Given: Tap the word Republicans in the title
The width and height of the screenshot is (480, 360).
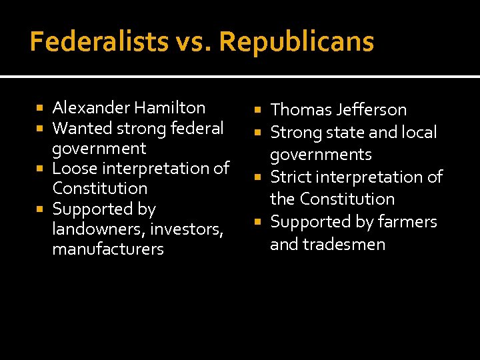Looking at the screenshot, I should pyautogui.click(x=296, y=42).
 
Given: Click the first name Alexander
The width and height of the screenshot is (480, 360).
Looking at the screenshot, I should pyautogui.click(x=91, y=107).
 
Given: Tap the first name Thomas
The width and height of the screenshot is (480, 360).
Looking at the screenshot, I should pyautogui.click(x=297, y=110).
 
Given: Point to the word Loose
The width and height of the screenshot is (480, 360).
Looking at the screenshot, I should pyautogui.click(x=75, y=168).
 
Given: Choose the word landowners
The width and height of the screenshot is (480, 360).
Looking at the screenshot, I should pyautogui.click(x=99, y=229).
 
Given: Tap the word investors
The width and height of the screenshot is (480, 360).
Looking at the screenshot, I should pyautogui.click(x=186, y=229).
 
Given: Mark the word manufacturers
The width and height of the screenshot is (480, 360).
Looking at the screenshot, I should pyautogui.click(x=108, y=249).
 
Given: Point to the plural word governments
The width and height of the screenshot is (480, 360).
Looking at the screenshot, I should pyautogui.click(x=321, y=155).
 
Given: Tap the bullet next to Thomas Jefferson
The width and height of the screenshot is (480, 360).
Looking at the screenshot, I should pyautogui.click(x=259, y=110).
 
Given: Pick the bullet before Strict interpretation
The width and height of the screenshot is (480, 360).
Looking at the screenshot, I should pyautogui.click(x=259, y=177).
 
